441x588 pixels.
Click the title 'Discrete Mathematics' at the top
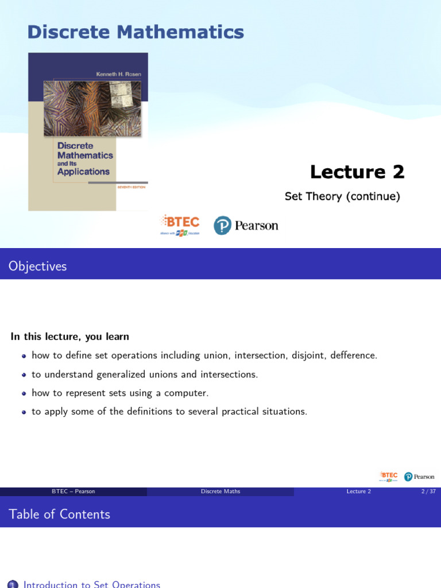click(136, 32)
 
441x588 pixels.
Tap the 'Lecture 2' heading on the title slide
click(357, 172)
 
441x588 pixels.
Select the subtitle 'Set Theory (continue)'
click(342, 196)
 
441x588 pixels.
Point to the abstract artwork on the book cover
click(92, 108)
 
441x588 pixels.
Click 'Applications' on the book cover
click(83, 172)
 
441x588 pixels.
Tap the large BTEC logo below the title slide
click(180, 225)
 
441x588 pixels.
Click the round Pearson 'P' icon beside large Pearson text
click(222, 226)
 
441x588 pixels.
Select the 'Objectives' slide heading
click(38, 266)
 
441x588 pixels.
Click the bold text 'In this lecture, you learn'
click(70, 336)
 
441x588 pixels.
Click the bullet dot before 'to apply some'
click(24, 412)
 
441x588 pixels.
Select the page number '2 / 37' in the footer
click(428, 492)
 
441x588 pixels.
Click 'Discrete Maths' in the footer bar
click(220, 492)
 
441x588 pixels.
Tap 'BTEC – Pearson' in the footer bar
click(73, 492)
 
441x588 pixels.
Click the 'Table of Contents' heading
click(60, 514)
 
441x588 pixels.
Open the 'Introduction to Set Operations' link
click(92, 584)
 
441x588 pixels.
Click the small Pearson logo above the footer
click(419, 477)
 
